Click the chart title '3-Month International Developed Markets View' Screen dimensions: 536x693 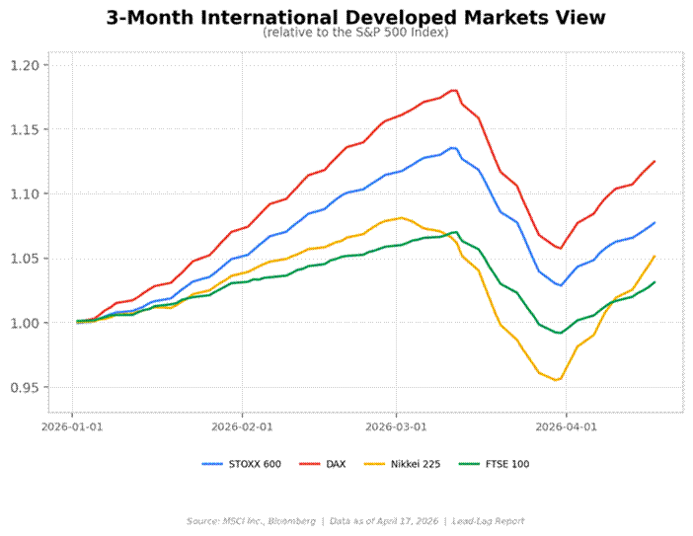[355, 18]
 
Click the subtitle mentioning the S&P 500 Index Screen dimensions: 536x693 [355, 33]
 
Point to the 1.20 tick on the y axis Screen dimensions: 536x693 [24, 65]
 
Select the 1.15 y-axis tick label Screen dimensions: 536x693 [24, 129]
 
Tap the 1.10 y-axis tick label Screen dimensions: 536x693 [24, 193]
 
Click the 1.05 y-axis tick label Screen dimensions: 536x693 [24, 259]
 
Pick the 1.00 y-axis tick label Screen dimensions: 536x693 [24, 323]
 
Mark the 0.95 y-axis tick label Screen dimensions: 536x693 [24, 387]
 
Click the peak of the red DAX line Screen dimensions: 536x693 [454, 90]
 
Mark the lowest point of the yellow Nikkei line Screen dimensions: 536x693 [558, 380]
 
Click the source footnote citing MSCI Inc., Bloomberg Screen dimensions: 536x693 [355, 520]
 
